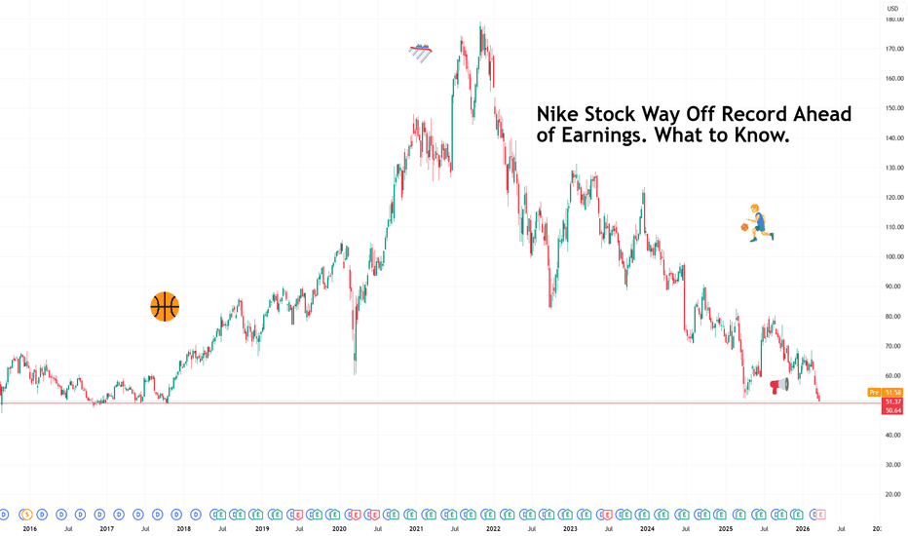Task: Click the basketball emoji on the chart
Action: [x=165, y=307]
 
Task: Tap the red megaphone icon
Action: [x=778, y=386]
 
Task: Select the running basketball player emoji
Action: [x=757, y=222]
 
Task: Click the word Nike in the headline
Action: [x=558, y=115]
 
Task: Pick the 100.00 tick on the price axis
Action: [x=893, y=256]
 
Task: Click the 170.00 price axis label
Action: [x=893, y=48]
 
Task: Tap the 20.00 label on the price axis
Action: [x=893, y=495]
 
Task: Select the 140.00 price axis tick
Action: [x=893, y=137]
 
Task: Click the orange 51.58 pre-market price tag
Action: [x=893, y=393]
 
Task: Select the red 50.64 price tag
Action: [x=893, y=410]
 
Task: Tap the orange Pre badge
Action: [x=873, y=393]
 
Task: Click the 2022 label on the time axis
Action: [x=493, y=528]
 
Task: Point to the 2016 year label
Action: [x=29, y=528]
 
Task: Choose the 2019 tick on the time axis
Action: [x=262, y=528]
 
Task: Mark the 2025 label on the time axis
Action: [x=726, y=528]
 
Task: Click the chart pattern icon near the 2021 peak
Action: [x=420, y=53]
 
